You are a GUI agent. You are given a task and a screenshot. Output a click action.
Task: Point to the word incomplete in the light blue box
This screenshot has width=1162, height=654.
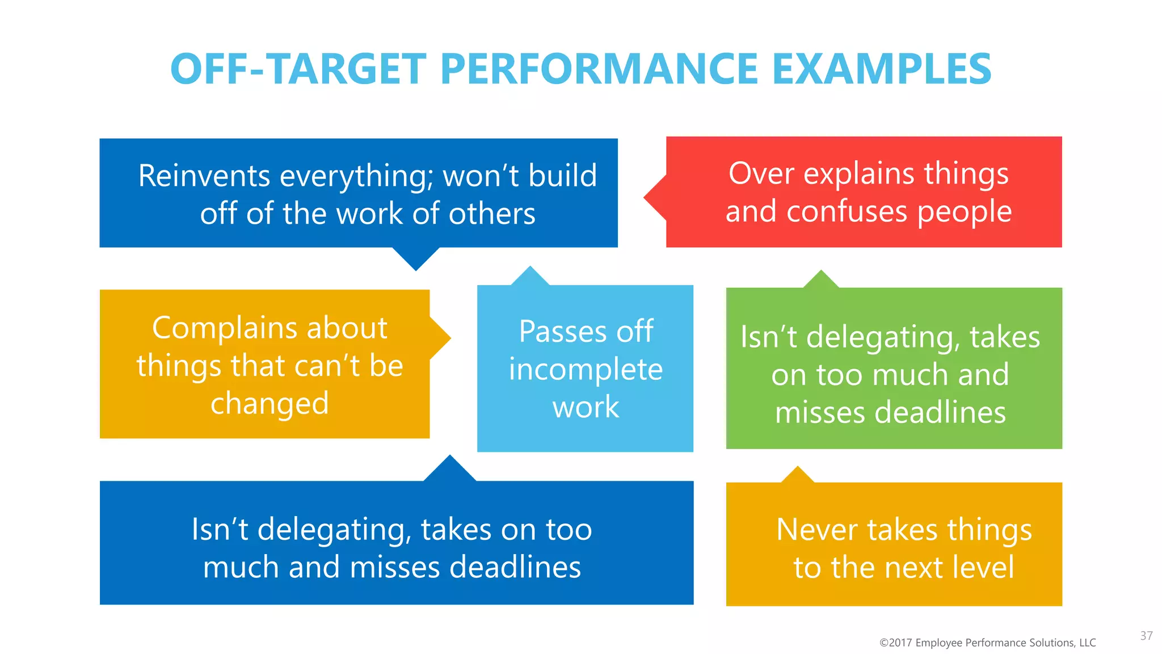pyautogui.click(x=586, y=370)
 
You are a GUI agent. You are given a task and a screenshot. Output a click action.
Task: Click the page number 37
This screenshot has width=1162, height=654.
pyautogui.click(x=1146, y=636)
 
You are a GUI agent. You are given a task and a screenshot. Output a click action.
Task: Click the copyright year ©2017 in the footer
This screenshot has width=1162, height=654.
pyautogui.click(x=895, y=643)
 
